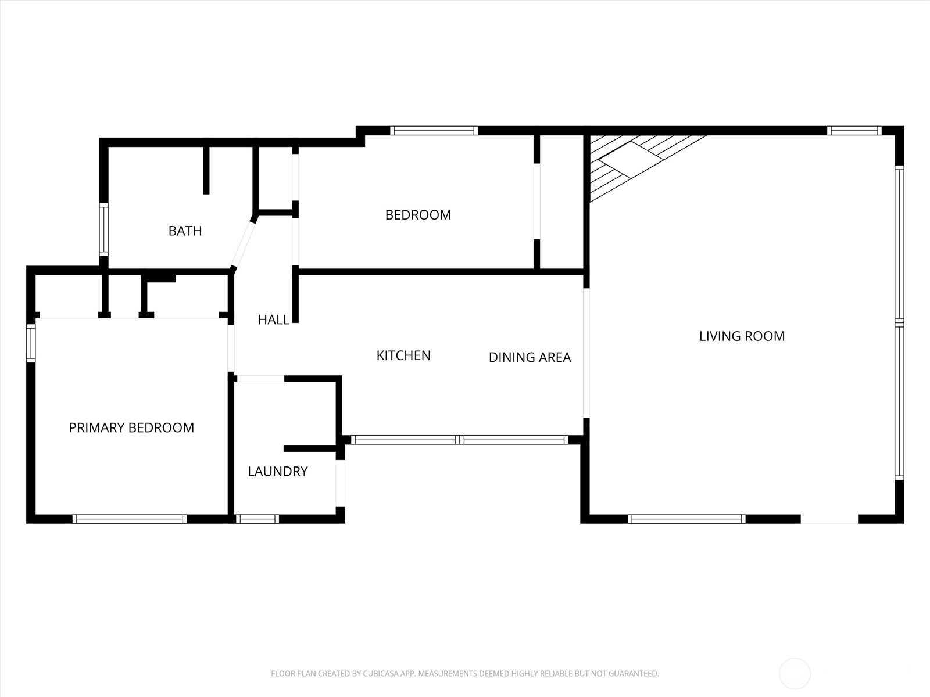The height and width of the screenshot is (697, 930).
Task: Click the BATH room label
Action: coord(185,231)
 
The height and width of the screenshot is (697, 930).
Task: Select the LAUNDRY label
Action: coord(277,471)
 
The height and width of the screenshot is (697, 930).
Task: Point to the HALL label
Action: coord(274,319)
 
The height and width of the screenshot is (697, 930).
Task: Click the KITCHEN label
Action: coord(403,355)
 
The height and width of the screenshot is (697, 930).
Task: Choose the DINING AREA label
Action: coord(530,357)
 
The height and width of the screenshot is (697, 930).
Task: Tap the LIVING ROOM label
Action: coord(742,336)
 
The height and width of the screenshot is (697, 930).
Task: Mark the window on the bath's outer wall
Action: coord(103,229)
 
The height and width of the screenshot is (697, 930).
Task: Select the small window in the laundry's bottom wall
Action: coord(257,519)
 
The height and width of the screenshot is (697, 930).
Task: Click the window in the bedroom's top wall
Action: coord(434,130)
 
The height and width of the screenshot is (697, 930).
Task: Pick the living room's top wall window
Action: coord(854,130)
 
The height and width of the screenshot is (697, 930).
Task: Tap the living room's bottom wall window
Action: coord(686,519)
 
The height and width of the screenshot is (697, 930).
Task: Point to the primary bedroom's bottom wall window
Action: coord(130,519)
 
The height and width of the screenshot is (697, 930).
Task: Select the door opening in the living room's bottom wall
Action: coord(829,519)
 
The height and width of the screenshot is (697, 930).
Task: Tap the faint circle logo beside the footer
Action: coord(795,674)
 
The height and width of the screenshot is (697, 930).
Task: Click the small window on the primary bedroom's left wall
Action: coord(30,343)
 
